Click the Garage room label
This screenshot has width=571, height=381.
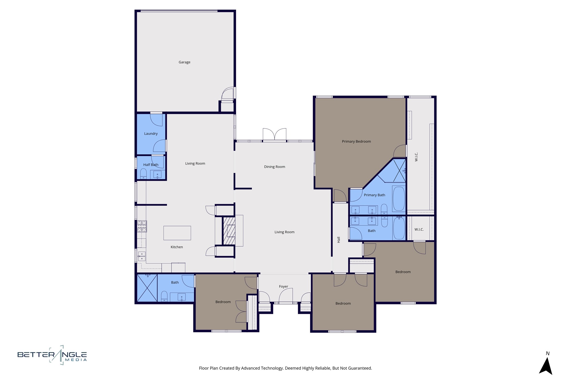184,62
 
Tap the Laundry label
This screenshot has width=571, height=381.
151,133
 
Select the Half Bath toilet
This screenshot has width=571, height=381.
143,174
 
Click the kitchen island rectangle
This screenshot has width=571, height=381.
177,233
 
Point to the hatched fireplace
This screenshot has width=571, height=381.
229,231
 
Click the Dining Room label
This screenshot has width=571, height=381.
274,167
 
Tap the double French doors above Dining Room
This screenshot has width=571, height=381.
274,135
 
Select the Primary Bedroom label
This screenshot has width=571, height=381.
356,141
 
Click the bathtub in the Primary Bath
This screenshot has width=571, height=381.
399,199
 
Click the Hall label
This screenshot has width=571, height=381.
339,240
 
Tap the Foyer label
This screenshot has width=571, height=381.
283,286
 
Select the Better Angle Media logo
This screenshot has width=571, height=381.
52,355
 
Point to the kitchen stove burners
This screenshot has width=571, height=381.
142,226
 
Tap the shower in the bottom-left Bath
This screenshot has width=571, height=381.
147,288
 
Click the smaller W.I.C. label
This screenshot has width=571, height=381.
419,229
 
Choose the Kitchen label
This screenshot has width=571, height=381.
177,247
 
